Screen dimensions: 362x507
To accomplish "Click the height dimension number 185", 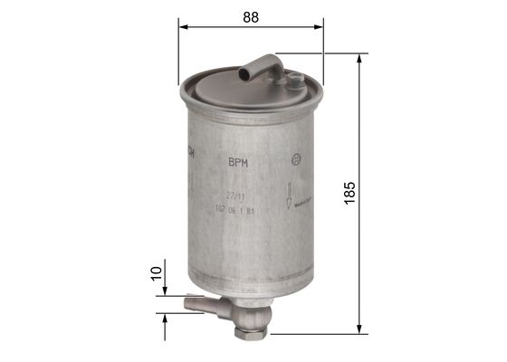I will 350,192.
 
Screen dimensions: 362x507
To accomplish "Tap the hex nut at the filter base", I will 249,332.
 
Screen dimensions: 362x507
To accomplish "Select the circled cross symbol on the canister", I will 295,161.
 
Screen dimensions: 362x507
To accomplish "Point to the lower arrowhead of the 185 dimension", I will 361,327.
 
